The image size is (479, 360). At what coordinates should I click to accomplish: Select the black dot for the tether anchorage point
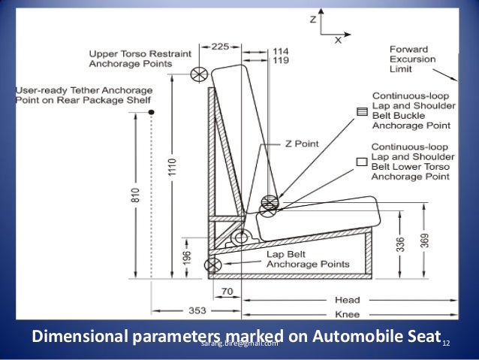152,112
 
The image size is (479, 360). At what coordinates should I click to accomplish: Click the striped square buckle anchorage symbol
363,112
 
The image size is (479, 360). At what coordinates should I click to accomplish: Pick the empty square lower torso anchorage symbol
362,160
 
